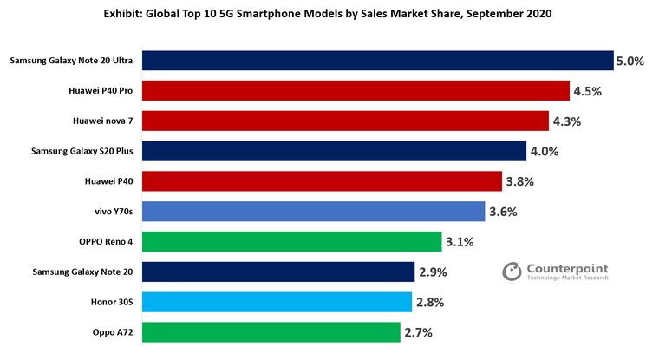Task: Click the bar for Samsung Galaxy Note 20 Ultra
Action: point(377,61)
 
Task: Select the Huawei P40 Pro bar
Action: point(356,90)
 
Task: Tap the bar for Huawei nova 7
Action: point(345,121)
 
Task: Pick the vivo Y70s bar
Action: point(313,211)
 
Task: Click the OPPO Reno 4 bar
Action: point(291,241)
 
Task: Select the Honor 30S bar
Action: point(276,302)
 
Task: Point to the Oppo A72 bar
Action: point(271,332)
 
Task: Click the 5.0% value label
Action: point(630,62)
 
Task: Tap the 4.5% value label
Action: point(588,91)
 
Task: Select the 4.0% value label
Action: point(544,152)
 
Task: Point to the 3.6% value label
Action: point(503,212)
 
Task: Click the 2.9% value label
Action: point(433,272)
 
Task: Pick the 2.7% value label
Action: point(418,332)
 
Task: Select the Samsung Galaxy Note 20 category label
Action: point(82,272)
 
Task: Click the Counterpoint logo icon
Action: point(512,272)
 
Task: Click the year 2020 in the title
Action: point(535,15)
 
